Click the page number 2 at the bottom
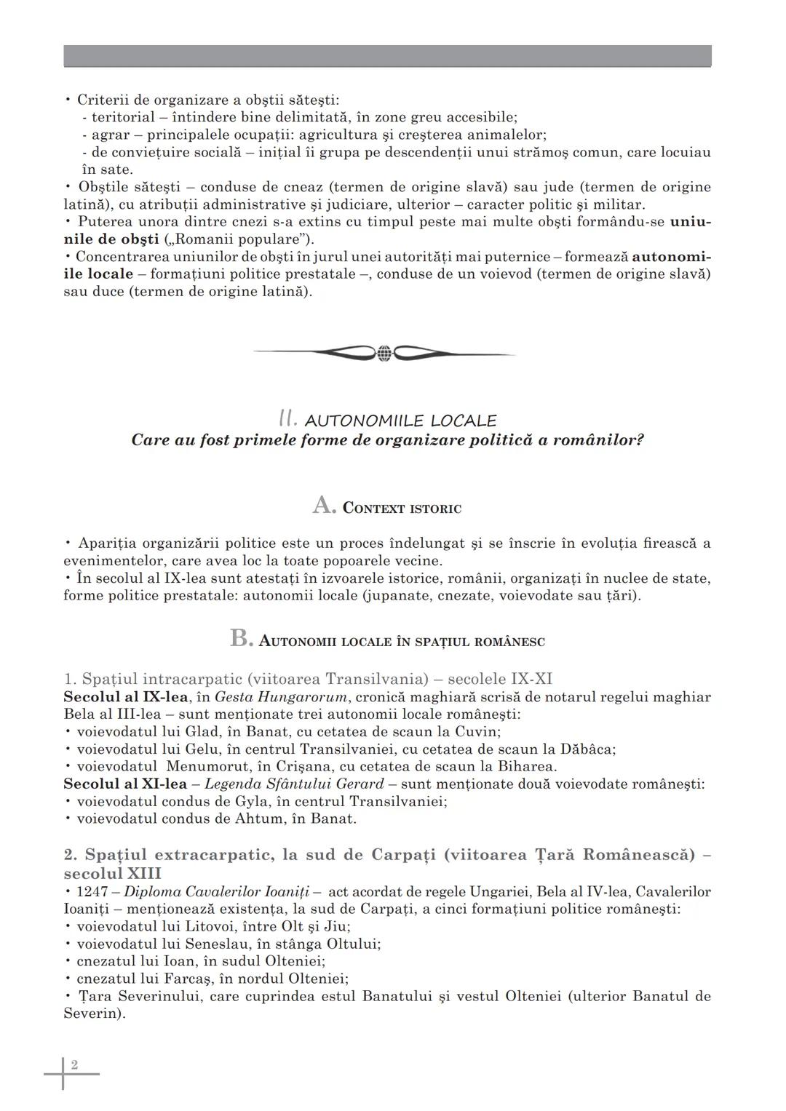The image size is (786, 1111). pyautogui.click(x=74, y=1065)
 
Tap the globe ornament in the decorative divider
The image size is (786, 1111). pyautogui.click(x=385, y=354)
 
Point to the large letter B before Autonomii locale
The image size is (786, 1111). pyautogui.click(x=241, y=638)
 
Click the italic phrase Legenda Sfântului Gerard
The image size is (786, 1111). pyautogui.click(x=293, y=784)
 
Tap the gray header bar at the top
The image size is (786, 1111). pyautogui.click(x=387, y=56)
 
